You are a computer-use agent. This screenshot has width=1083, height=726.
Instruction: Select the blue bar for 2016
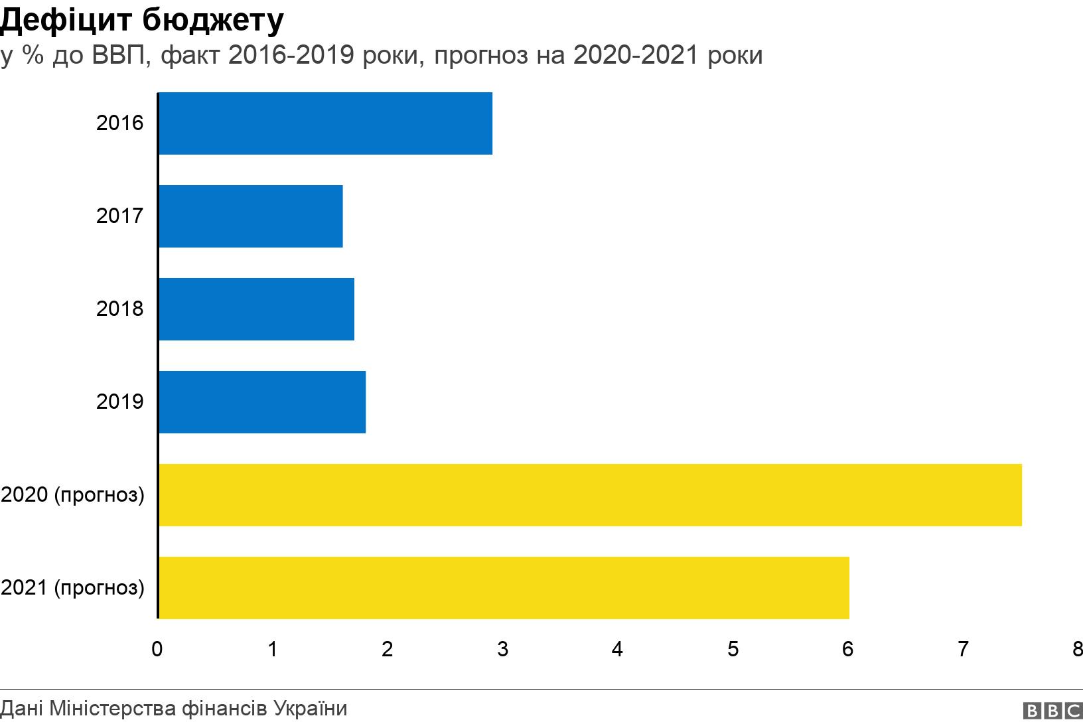click(x=325, y=123)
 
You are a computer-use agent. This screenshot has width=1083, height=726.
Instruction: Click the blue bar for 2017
click(x=251, y=216)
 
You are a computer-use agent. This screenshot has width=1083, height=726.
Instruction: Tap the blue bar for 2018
click(x=256, y=309)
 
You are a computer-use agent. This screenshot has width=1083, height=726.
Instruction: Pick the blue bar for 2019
click(x=262, y=402)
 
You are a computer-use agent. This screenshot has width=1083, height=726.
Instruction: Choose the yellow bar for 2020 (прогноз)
click(x=590, y=495)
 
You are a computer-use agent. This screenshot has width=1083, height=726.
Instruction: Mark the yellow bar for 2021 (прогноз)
click(x=504, y=588)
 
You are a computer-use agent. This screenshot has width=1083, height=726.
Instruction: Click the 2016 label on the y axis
click(x=119, y=123)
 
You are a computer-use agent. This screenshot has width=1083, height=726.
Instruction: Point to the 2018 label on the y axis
click(x=119, y=309)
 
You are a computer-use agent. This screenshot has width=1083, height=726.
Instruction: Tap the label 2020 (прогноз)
click(x=72, y=495)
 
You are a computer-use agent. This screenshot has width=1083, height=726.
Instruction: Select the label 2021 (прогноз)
click(x=72, y=588)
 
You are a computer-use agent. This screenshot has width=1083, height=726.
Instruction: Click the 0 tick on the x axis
click(x=157, y=649)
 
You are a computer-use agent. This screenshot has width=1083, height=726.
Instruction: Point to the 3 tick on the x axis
click(x=502, y=649)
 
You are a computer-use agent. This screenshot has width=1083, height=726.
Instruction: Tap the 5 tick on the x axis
click(x=733, y=649)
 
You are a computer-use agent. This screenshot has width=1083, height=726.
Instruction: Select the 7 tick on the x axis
click(x=963, y=649)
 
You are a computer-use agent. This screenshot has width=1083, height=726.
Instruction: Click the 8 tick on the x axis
click(x=1077, y=649)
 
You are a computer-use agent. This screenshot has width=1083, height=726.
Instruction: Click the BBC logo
click(x=1052, y=711)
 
